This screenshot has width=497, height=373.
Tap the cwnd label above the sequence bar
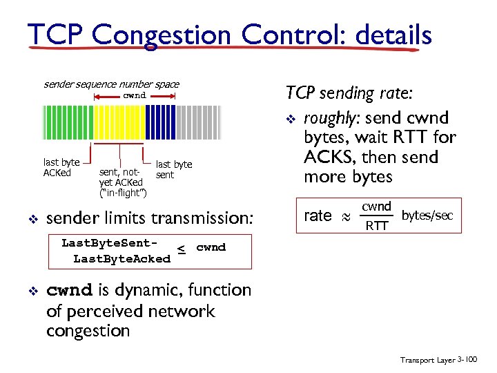click(x=135, y=95)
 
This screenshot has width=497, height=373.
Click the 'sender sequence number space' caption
click(x=111, y=84)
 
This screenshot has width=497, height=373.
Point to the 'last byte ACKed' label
click(x=61, y=168)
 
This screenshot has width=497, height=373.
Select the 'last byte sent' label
click(x=174, y=170)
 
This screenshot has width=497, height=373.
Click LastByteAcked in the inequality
click(x=121, y=259)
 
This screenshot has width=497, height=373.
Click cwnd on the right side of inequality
click(x=211, y=247)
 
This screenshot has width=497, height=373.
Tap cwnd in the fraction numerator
click(x=377, y=206)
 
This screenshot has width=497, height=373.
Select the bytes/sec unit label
click(x=427, y=216)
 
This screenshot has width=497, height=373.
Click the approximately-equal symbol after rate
click(x=347, y=217)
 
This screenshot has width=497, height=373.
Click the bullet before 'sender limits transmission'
click(x=32, y=220)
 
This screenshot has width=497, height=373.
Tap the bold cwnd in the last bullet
click(x=65, y=290)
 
